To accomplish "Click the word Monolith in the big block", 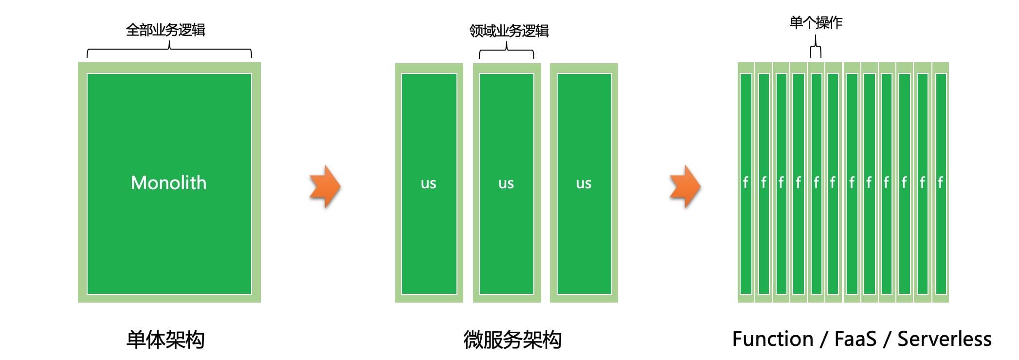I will (168, 183).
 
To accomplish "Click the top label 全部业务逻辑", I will (165, 30).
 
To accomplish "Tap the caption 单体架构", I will (165, 339).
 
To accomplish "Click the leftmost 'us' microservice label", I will (428, 183).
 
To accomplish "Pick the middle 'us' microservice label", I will (506, 183).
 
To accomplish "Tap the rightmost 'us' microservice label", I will (583, 183).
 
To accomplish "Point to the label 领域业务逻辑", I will (509, 31).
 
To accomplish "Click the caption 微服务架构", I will (512, 340).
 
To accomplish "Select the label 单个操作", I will (816, 23).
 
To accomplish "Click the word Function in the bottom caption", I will (773, 339).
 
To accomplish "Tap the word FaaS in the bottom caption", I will (855, 339).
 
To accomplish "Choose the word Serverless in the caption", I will (944, 339).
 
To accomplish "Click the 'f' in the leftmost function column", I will (746, 182).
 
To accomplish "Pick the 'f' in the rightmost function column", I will (940, 182).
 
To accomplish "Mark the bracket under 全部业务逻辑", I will (169, 50).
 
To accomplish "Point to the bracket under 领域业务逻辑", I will (507, 51).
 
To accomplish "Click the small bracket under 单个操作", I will (816, 49).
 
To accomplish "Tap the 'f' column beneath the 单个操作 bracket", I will (816, 182).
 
